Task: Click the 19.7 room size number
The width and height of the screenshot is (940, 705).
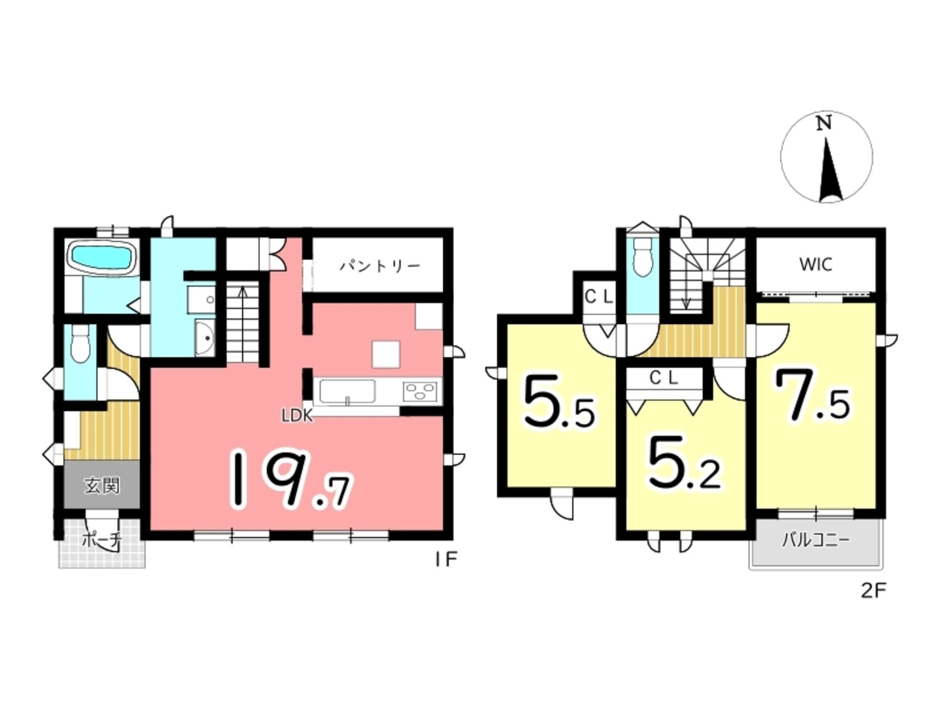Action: tap(291, 479)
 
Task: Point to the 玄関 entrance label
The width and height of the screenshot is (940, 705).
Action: tap(102, 486)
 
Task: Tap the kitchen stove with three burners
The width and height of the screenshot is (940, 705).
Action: tap(420, 392)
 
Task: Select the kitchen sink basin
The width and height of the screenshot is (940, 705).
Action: tap(347, 392)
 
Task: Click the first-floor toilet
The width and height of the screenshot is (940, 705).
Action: tap(80, 345)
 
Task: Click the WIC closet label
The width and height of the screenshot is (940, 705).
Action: tap(816, 264)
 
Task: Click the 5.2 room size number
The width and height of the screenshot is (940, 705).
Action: tap(684, 464)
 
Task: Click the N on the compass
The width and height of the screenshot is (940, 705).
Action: tap(825, 124)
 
